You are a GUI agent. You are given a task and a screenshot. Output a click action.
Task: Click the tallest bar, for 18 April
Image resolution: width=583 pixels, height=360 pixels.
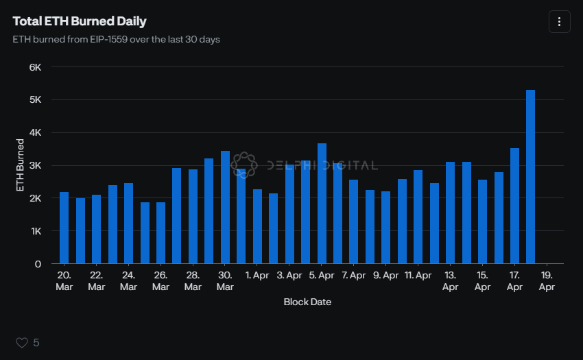point(530,177)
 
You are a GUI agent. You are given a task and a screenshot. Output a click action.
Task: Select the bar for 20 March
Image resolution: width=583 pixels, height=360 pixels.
point(64,228)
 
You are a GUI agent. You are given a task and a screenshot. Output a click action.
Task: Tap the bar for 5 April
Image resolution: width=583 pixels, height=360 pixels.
point(322,204)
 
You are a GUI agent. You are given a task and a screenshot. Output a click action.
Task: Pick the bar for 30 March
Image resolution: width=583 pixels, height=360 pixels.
point(225,207)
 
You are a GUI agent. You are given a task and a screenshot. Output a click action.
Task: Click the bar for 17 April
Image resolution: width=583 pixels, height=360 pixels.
point(514,206)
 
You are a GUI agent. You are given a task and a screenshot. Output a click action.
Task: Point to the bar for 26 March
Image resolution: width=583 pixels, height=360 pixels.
point(160,233)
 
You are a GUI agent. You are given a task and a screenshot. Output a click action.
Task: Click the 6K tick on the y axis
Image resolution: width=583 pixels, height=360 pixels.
point(35,67)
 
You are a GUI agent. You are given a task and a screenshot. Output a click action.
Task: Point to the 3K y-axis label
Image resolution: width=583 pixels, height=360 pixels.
point(35,165)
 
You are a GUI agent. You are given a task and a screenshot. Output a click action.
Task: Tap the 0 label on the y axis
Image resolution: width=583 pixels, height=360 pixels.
point(38,264)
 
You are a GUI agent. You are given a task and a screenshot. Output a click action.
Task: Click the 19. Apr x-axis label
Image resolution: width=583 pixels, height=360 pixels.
point(547,281)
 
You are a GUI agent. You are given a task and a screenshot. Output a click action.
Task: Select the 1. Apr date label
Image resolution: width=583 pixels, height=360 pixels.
point(257,276)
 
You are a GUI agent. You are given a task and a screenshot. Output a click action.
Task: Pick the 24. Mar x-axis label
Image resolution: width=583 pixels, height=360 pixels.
point(128,281)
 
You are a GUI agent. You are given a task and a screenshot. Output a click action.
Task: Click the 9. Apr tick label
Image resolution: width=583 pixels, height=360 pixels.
point(385,276)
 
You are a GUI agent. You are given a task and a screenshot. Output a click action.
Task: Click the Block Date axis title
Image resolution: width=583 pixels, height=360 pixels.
point(307,302)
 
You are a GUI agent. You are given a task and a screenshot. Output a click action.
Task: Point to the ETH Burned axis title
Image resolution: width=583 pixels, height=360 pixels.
point(21,165)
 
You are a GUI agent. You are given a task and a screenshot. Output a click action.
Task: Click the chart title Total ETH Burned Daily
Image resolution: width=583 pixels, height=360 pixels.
point(80,21)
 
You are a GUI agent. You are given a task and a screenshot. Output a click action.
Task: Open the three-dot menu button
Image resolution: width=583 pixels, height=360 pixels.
point(559,22)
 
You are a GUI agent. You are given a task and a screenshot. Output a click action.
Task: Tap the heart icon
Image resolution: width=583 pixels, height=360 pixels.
point(21,342)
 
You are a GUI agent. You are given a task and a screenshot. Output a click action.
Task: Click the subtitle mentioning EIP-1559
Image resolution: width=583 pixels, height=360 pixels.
point(116,40)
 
